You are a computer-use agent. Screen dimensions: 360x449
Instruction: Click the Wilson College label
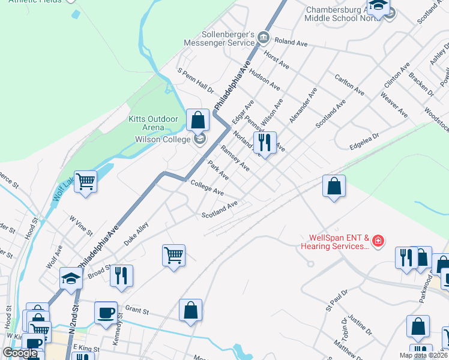[160, 139]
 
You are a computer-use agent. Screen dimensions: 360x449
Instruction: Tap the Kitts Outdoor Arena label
[154, 123]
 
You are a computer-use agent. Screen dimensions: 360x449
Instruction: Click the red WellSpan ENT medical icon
[378, 242]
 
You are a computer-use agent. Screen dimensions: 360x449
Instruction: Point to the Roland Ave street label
[291, 43]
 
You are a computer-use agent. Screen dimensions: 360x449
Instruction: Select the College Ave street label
[207, 188]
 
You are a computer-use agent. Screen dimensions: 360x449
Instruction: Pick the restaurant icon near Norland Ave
[265, 143]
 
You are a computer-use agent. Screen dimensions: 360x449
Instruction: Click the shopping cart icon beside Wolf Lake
[86, 181]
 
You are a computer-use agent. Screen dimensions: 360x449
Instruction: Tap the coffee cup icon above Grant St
[106, 313]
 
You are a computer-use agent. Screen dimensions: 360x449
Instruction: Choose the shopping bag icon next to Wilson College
[197, 120]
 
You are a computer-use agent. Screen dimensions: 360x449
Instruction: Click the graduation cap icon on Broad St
[71, 278]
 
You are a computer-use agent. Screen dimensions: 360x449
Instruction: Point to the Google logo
[20, 353]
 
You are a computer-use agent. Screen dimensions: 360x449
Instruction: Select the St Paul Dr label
[337, 300]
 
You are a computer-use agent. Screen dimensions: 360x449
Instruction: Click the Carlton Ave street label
[349, 86]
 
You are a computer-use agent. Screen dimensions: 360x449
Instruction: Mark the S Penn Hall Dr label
[196, 80]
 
